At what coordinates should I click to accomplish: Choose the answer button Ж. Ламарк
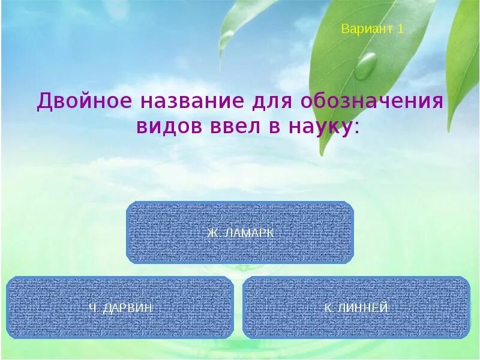point(240,233)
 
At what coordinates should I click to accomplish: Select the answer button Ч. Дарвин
point(120,308)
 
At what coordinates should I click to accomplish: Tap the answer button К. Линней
point(356,308)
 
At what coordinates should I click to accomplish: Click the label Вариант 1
point(372,29)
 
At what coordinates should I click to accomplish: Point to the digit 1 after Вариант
point(400,29)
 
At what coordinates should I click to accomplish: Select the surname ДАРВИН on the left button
point(128,308)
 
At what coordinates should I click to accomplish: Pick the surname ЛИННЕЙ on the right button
point(365,308)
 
